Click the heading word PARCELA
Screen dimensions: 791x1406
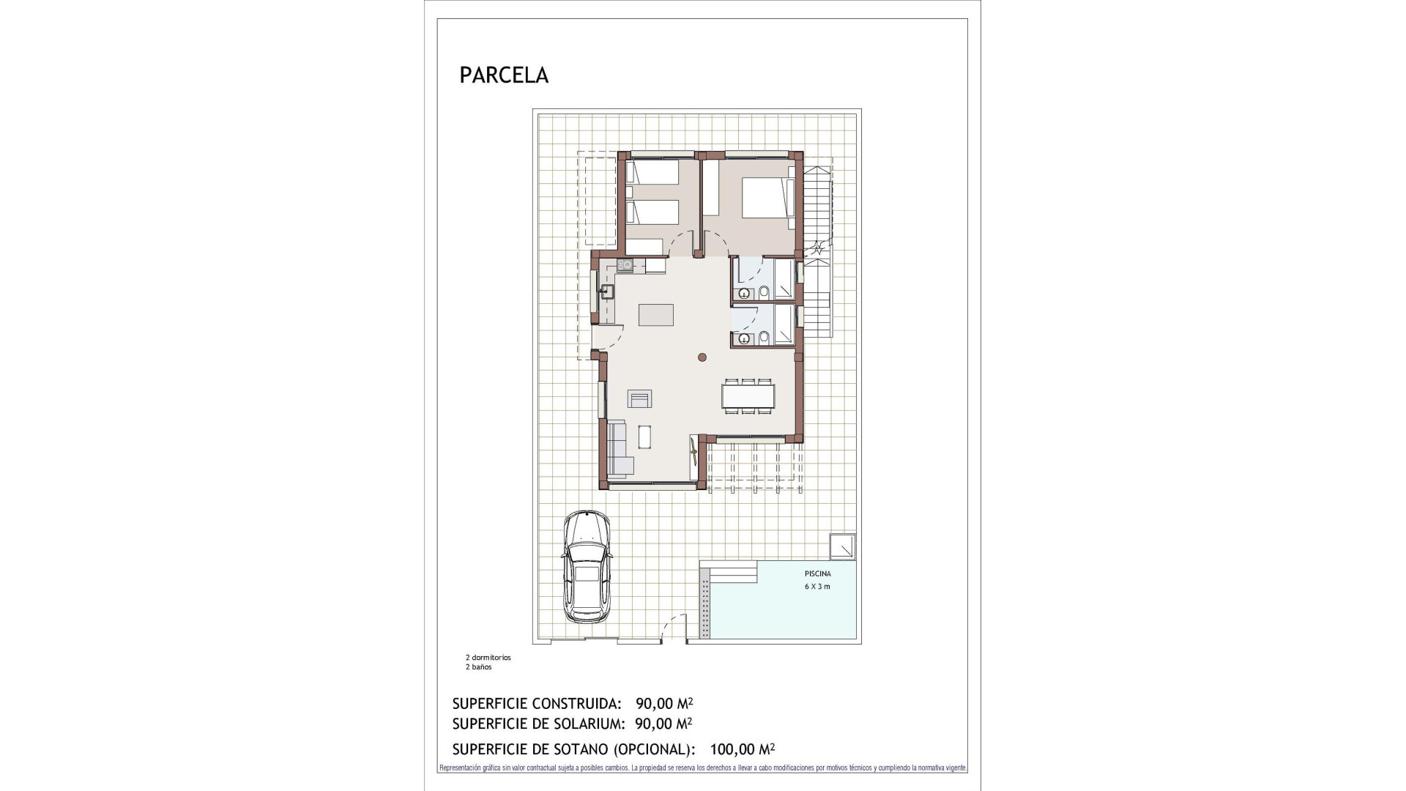[504, 75]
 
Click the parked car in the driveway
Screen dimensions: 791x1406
[587, 568]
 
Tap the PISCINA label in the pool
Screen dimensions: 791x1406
[817, 574]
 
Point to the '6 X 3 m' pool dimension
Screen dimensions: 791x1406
[817, 587]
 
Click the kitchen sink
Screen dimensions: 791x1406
[606, 292]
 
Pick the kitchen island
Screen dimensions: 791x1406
[655, 315]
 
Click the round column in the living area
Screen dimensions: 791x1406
[702, 357]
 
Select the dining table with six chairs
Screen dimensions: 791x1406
[748, 396]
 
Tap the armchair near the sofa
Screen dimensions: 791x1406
[639, 398]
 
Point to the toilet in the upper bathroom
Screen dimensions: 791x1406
[764, 293]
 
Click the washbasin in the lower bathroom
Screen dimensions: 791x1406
[744, 338]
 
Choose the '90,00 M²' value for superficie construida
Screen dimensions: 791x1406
[663, 704]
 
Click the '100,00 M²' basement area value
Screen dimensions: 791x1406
[742, 749]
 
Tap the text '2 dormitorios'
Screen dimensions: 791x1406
[488, 658]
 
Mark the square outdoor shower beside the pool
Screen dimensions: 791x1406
[841, 547]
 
